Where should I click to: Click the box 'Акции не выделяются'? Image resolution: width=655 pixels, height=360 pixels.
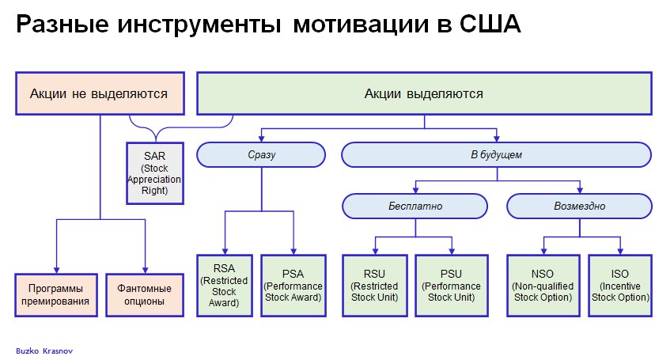click(x=100, y=93)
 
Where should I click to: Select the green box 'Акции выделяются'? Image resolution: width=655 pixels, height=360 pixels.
click(x=424, y=93)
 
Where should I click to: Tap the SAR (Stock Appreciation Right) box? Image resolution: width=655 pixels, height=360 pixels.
click(x=155, y=173)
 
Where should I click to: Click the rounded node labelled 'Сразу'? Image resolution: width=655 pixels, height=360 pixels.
click(x=261, y=155)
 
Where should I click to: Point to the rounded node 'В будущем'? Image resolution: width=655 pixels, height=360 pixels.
click(x=496, y=155)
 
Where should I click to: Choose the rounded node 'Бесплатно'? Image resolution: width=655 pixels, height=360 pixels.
click(x=415, y=206)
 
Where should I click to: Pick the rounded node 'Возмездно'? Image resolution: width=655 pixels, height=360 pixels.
click(x=579, y=206)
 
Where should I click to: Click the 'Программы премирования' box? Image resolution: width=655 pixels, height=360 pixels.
click(x=56, y=295)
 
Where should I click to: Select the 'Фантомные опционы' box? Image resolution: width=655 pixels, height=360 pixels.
click(x=145, y=295)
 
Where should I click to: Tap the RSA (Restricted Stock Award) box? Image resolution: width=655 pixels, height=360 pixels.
click(x=225, y=286)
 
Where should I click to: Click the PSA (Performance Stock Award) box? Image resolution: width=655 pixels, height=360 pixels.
click(x=293, y=286)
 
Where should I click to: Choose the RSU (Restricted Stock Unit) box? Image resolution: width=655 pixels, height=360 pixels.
click(x=375, y=286)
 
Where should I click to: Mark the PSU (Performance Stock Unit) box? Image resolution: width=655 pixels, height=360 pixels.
click(x=452, y=286)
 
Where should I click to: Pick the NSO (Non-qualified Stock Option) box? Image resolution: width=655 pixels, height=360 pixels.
click(x=543, y=286)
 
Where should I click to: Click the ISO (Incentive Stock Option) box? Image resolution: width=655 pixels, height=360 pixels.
click(x=620, y=286)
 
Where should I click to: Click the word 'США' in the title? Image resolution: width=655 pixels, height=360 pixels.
click(x=490, y=24)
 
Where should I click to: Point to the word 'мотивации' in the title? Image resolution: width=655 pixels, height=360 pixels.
click(x=361, y=25)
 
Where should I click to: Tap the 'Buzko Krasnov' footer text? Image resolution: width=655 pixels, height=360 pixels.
click(x=44, y=351)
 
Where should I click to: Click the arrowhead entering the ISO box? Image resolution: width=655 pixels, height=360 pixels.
click(x=620, y=252)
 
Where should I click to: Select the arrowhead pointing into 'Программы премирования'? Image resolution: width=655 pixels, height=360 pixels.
click(x=56, y=271)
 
